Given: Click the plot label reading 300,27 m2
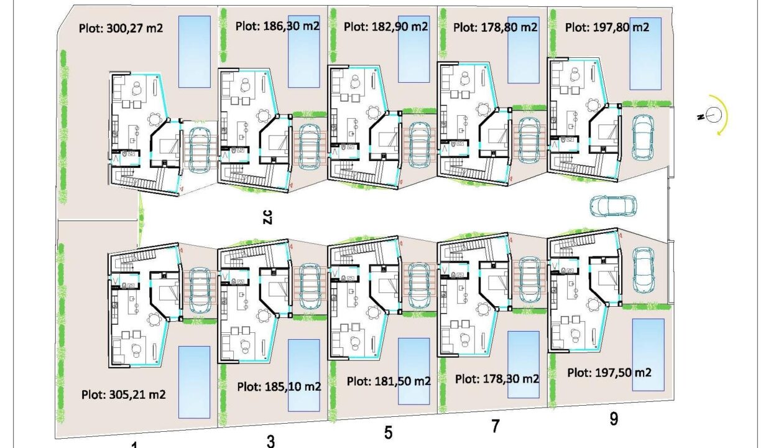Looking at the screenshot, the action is tap(121, 28).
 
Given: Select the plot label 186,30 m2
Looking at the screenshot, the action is tap(277, 26).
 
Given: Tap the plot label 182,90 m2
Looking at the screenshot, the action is tap(386, 26).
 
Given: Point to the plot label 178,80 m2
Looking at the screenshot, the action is tap(496, 27).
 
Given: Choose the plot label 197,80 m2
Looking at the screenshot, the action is tap(607, 27).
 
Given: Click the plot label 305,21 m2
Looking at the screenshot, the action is tap(124, 394).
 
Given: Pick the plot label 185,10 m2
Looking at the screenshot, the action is tap(279, 386).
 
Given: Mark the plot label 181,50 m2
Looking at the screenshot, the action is tap(389, 381).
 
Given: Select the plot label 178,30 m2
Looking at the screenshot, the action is tap(497, 379).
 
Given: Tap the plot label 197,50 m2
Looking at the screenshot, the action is tap(609, 373).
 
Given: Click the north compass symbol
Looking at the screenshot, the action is tap(714, 115).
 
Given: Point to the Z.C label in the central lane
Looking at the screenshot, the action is tap(268, 217).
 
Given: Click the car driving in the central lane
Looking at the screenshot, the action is tap(613, 206).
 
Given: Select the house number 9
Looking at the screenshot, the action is tap(614, 419).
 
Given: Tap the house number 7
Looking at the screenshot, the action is tap(496, 426).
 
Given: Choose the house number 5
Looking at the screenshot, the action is tap(388, 432).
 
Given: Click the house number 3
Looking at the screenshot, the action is tap(271, 441).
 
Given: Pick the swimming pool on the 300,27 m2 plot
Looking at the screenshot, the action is tap(195, 52).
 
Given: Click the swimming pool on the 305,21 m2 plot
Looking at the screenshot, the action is tap(195, 382).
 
